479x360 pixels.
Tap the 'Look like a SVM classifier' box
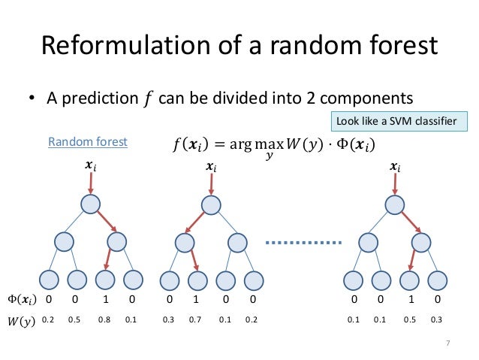coord(399,121)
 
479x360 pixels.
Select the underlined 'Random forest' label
coord(88,141)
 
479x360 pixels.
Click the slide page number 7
coord(447,345)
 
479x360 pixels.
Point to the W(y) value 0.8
coord(105,319)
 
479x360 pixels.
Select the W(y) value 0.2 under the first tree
coord(49,319)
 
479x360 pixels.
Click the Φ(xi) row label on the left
coord(22,299)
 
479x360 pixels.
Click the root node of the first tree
coord(91,204)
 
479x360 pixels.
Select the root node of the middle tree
coord(211,204)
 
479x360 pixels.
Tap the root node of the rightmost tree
coord(395,204)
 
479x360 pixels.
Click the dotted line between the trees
coord(303,242)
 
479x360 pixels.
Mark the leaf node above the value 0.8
coord(105,280)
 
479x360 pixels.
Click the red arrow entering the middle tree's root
coord(211,183)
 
